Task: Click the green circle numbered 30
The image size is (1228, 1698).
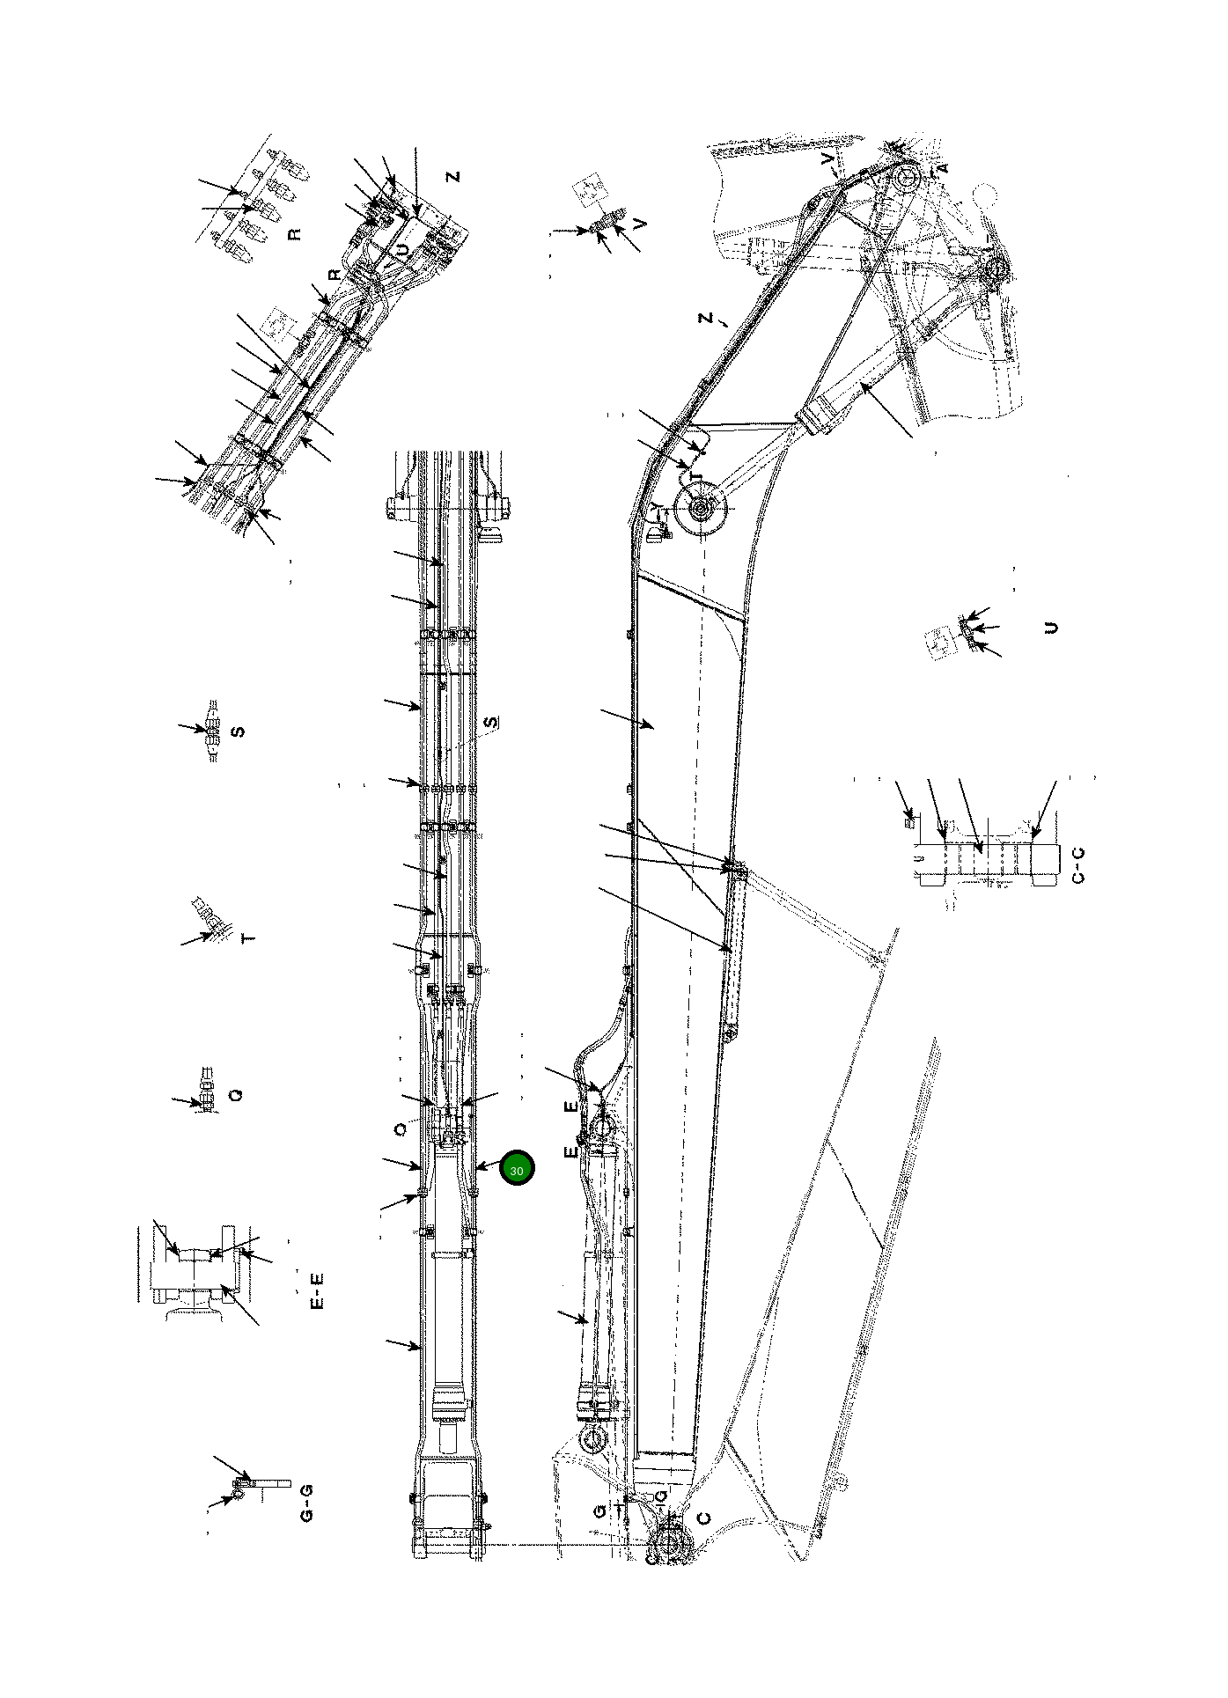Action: (517, 1170)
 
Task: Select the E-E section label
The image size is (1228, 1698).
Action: (319, 1290)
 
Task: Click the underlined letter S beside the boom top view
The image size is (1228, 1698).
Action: (491, 722)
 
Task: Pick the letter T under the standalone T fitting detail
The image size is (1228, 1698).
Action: (249, 938)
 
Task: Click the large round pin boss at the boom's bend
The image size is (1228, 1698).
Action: (701, 509)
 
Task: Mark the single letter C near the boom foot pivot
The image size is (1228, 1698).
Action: (703, 1518)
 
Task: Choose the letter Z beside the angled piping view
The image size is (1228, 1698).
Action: (453, 176)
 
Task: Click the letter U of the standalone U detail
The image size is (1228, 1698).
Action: (1050, 628)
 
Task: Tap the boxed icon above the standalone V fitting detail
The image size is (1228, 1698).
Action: (588, 193)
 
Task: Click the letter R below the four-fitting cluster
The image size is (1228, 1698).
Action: (294, 234)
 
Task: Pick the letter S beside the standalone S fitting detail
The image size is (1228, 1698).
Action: (237, 731)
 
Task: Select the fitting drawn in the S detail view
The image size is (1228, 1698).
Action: (211, 730)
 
